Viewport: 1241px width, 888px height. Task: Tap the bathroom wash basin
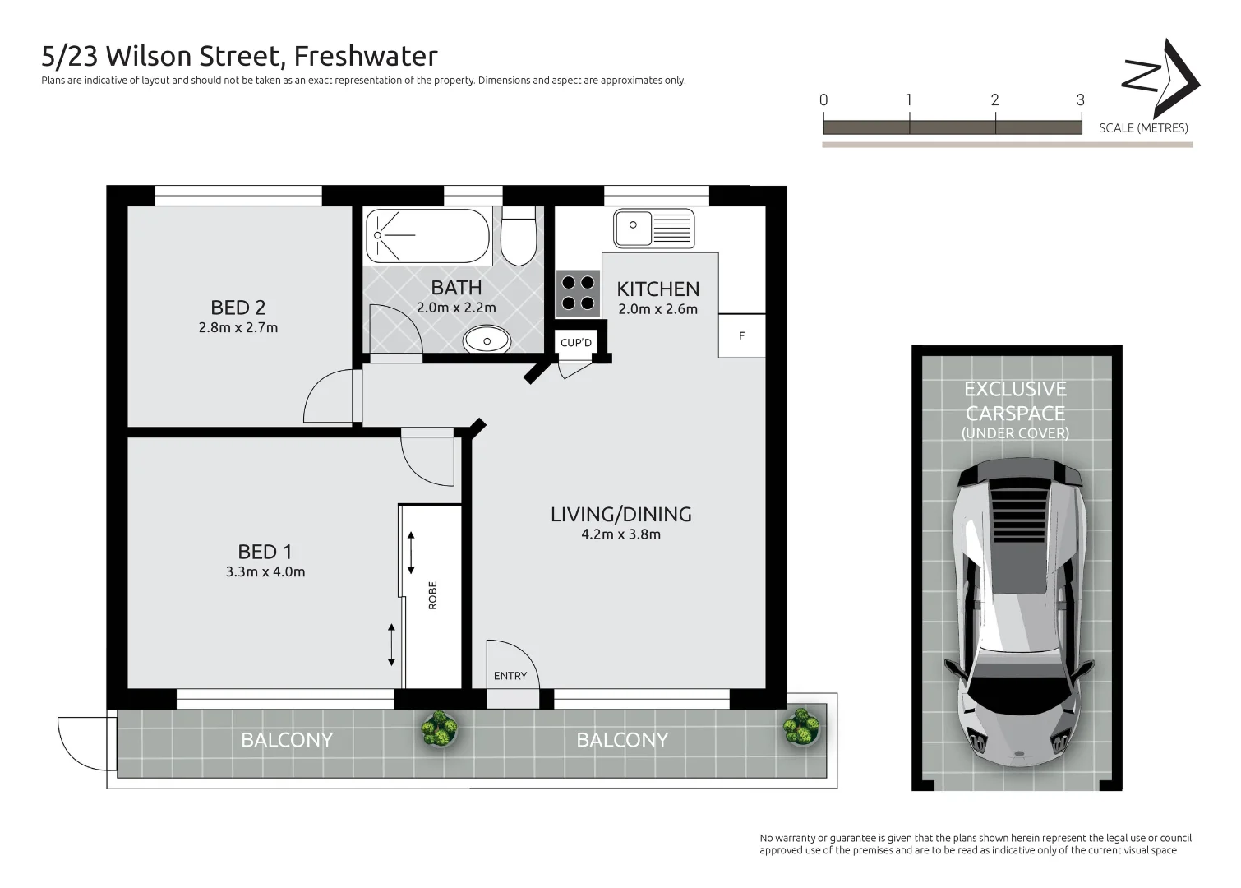487,340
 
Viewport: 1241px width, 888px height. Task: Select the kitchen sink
654,228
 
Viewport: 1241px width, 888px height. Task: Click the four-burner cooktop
578,294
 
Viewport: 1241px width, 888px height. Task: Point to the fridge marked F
741,335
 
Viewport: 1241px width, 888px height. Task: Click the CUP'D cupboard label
576,342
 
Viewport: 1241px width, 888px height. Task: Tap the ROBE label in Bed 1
433,595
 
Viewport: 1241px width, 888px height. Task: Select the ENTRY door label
510,676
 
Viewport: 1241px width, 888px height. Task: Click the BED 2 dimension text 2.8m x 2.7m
238,327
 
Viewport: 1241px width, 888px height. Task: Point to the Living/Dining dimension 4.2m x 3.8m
620,534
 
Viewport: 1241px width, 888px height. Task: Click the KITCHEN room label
658,289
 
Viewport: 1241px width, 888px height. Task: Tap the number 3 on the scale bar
1080,100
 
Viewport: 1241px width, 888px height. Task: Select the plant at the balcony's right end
802,726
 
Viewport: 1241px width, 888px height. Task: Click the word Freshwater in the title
366,56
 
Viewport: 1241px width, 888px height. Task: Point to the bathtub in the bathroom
427,236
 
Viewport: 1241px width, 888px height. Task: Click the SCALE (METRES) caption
1143,128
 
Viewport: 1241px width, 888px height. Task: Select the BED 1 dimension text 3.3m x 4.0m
265,572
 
